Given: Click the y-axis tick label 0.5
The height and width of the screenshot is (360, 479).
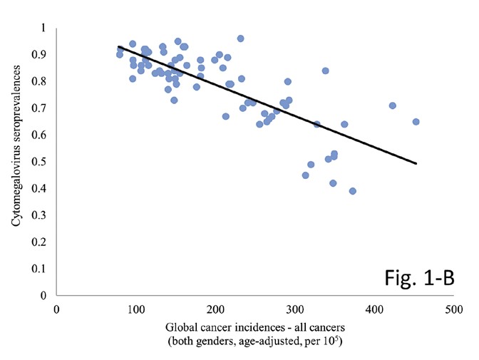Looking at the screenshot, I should tap(43, 162).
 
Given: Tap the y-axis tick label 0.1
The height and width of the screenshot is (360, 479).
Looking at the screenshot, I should tap(43, 269).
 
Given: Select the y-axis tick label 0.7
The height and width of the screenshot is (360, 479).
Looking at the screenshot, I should tap(43, 108).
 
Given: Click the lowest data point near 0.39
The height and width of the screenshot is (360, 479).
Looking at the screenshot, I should tap(352, 191).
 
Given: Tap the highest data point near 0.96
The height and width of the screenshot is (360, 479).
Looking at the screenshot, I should tap(240, 38).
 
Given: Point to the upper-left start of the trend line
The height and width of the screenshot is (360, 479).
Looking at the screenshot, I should tap(118, 46).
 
